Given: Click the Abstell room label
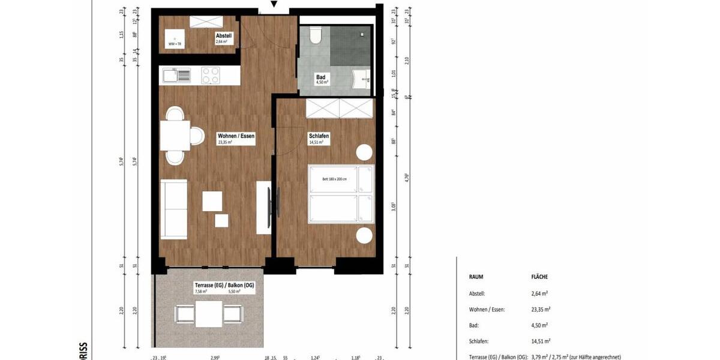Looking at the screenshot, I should [x=224, y=36].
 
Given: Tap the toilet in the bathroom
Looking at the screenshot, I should [x=316, y=37].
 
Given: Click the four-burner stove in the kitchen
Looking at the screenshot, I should [x=210, y=75].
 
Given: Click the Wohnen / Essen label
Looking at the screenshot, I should [x=236, y=137].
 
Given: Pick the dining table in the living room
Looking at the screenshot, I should [x=175, y=135].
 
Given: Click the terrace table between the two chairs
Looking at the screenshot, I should [x=208, y=314].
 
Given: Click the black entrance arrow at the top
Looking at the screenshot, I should [x=274, y=5].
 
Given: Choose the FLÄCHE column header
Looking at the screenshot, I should [x=539, y=277].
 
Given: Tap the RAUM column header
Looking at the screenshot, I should [x=476, y=277].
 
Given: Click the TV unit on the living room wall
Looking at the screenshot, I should [x=264, y=208].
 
